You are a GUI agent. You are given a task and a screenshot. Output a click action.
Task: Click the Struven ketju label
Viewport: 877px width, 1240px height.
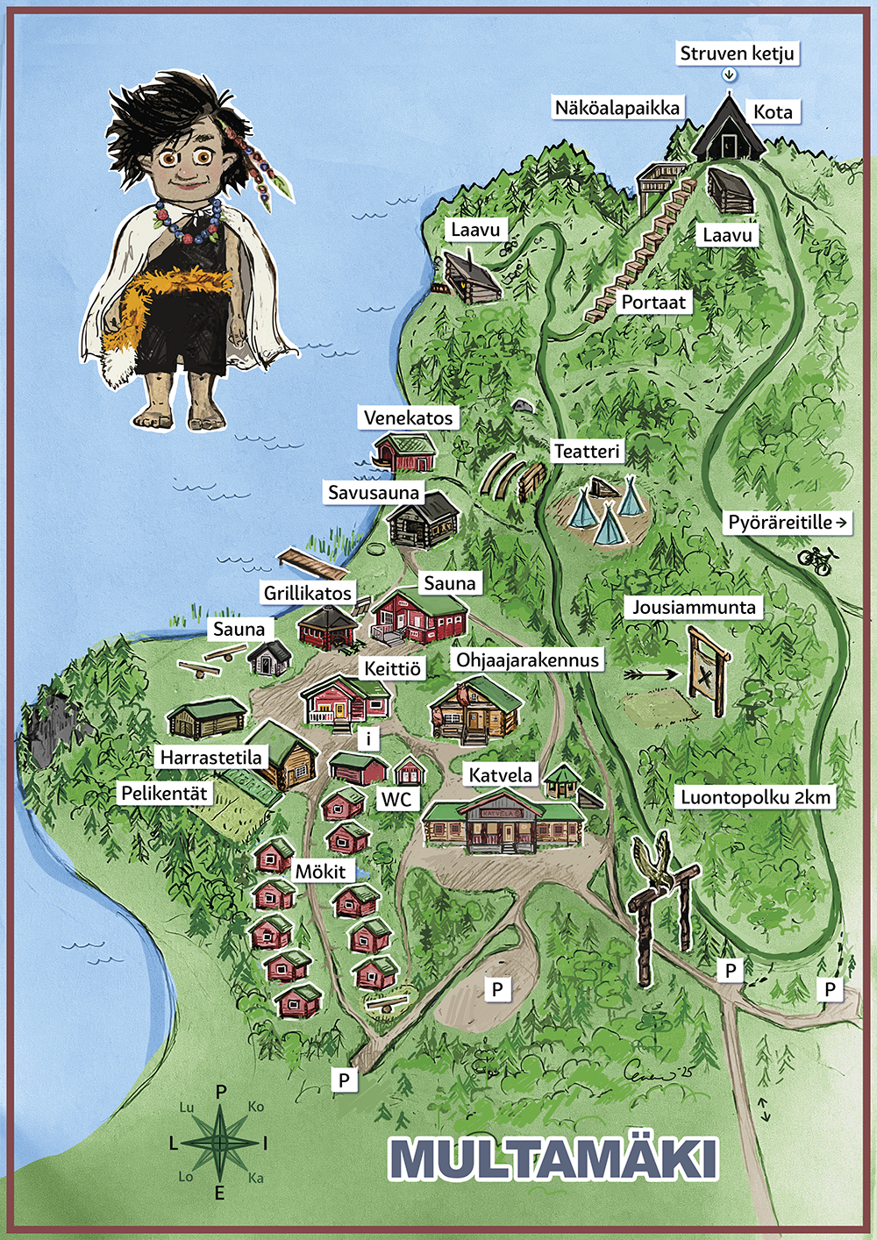(x=737, y=53)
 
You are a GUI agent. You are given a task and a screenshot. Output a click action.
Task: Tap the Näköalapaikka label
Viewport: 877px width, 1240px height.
(x=617, y=108)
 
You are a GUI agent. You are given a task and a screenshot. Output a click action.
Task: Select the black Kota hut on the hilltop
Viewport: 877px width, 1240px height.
(x=727, y=132)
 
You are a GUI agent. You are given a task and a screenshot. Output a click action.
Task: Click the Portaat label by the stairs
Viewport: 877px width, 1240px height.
(x=653, y=303)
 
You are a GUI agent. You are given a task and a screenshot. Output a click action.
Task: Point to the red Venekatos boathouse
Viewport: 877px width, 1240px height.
(x=406, y=453)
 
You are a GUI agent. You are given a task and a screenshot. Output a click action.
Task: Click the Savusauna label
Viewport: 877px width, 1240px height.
(x=374, y=493)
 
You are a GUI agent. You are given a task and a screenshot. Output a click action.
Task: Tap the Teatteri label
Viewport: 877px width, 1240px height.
(x=587, y=452)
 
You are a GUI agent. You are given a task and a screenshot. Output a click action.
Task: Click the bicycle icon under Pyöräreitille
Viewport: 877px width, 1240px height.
(x=816, y=559)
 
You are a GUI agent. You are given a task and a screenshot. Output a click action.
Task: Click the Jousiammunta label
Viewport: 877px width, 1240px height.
(x=694, y=607)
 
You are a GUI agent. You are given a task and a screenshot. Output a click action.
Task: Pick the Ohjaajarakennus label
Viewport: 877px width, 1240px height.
(x=527, y=660)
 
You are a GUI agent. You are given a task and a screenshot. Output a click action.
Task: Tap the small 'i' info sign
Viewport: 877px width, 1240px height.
(x=368, y=738)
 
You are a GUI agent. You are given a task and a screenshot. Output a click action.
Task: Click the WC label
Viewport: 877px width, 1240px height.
(x=396, y=799)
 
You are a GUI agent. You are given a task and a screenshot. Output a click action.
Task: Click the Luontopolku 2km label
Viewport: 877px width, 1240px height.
(x=755, y=797)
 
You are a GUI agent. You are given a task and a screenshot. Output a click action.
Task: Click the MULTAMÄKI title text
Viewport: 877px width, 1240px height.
(x=553, y=1159)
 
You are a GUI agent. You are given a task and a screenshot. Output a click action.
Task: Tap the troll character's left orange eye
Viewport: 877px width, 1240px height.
(x=169, y=159)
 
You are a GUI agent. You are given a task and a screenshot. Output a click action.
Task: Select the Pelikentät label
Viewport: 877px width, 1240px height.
(x=164, y=794)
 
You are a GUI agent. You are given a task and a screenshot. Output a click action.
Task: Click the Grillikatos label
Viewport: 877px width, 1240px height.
(x=307, y=593)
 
